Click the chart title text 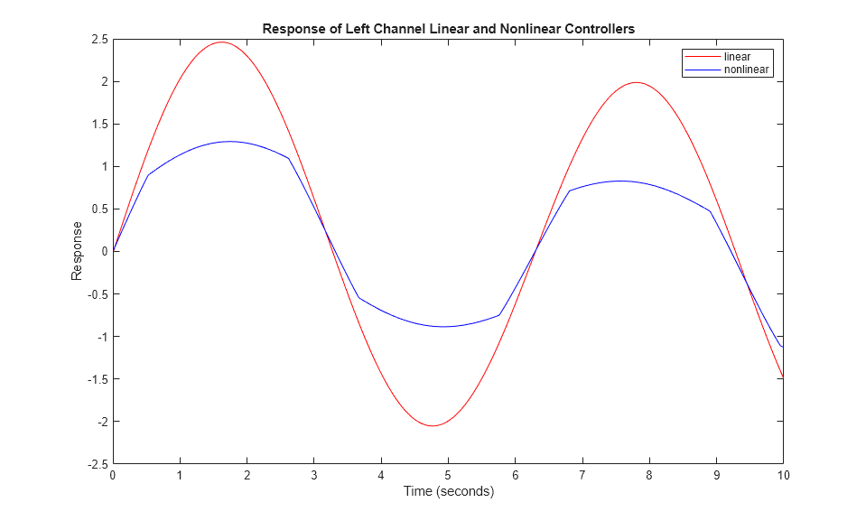[x=448, y=29]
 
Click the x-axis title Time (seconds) [x=448, y=492]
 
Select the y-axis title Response [x=78, y=251]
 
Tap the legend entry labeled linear [x=737, y=57]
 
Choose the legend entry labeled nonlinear [x=748, y=70]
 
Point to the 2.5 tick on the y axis [x=98, y=40]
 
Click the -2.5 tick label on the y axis [x=97, y=464]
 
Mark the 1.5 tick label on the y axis [x=98, y=125]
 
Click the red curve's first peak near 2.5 [x=221, y=42]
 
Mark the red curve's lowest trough [x=433, y=426]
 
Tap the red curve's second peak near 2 [x=637, y=83]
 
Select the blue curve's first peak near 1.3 [x=228, y=141]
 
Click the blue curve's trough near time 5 [x=443, y=327]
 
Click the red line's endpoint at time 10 [x=782, y=378]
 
